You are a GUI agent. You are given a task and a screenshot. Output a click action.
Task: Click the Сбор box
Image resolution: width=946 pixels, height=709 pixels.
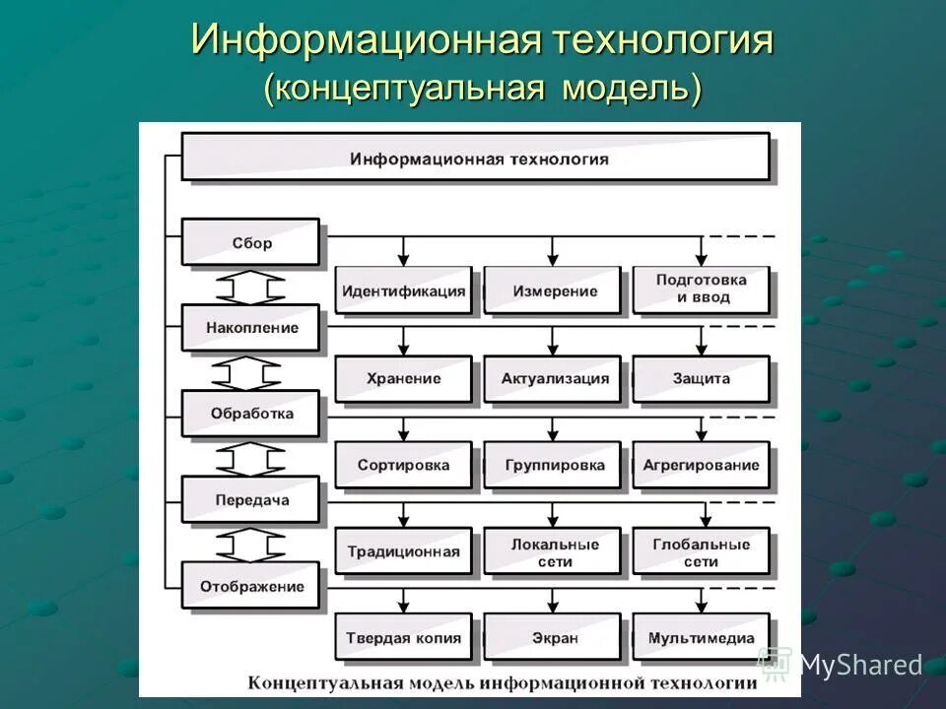(251, 243)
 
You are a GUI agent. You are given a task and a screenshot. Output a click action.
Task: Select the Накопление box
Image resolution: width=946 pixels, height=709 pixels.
(251, 328)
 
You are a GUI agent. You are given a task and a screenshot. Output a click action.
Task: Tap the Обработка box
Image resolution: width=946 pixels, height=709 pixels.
(251, 414)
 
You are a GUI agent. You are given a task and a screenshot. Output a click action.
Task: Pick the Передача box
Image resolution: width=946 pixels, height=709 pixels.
(251, 499)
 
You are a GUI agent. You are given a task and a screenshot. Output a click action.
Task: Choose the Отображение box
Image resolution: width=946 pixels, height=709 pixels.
(251, 586)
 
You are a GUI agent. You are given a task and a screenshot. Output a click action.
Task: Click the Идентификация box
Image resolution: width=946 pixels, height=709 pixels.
(403, 290)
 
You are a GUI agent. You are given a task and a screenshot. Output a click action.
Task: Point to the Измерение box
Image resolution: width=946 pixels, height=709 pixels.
(553, 290)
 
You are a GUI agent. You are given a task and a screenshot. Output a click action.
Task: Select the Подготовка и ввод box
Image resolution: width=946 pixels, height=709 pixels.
(701, 289)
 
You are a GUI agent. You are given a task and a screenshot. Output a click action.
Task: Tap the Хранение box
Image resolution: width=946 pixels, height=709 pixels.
(403, 378)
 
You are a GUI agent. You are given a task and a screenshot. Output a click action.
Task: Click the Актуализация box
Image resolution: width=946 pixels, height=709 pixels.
(553, 378)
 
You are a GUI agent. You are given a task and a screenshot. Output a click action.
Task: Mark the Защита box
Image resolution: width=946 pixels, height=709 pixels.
(701, 378)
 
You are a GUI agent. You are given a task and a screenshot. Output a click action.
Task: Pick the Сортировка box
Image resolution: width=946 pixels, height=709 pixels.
(403, 465)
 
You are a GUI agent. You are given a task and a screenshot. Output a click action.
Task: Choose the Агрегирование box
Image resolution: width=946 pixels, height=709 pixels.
(701, 465)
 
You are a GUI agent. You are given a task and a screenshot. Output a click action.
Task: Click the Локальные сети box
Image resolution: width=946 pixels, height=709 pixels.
(553, 552)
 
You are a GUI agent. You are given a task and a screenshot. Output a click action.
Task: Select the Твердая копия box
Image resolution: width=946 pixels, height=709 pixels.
(403, 638)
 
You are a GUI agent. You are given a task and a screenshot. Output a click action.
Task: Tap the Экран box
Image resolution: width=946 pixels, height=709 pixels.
(553, 638)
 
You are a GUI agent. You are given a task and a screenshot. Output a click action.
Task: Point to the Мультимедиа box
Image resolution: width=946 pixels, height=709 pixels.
(701, 638)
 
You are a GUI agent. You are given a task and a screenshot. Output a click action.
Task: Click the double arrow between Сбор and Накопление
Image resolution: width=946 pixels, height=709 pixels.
(250, 286)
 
